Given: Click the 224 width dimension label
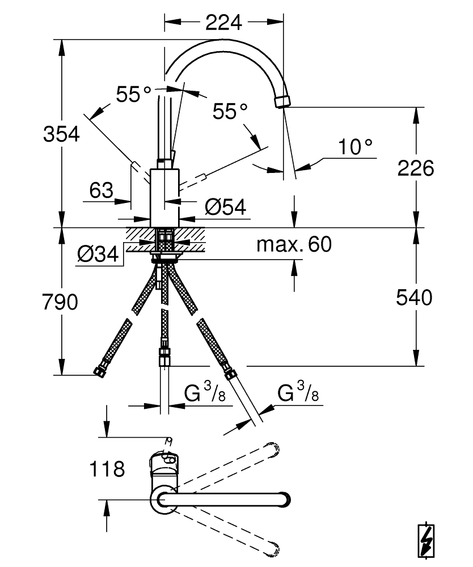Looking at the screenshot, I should [223, 23].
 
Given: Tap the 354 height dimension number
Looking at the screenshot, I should [61, 135].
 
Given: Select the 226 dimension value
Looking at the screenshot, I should [415, 168].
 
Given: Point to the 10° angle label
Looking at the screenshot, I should [356, 147].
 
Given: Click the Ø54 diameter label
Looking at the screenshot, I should [225, 208].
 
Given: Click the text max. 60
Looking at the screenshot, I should [294, 245].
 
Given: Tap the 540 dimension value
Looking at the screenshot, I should [414, 297].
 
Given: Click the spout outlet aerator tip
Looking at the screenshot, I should [282, 101].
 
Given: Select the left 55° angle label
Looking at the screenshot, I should [134, 94].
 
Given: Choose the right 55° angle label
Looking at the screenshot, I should [231, 111].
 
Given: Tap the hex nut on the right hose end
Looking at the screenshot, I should [230, 373].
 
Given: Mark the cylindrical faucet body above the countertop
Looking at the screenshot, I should [164, 196].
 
